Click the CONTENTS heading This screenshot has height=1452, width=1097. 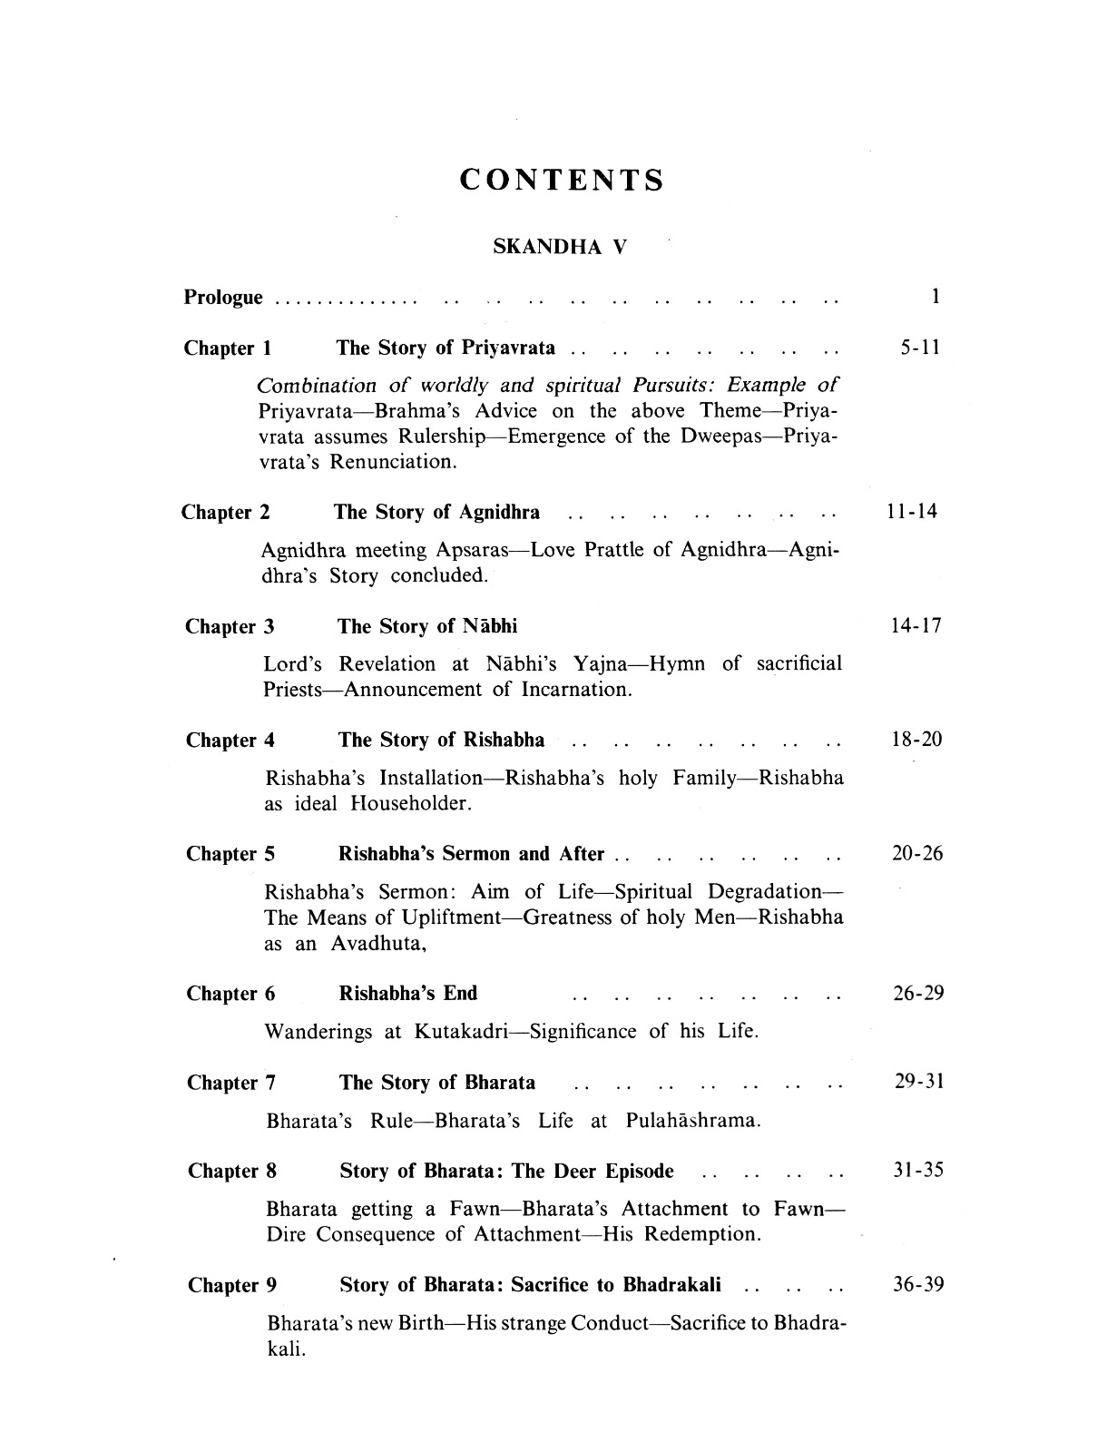(562, 180)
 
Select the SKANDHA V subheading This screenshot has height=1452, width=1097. (559, 247)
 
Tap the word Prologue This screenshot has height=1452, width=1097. (223, 298)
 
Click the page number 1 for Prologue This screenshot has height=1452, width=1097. (935, 297)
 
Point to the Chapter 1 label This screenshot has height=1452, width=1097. (227, 348)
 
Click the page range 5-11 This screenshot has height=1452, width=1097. (919, 348)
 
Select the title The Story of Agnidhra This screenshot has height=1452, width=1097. (436, 513)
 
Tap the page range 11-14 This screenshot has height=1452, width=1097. (912, 513)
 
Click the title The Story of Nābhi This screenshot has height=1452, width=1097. (427, 626)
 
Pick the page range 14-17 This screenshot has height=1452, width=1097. (916, 626)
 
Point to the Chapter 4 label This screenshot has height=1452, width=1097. (230, 741)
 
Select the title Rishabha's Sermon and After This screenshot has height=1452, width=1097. (471, 855)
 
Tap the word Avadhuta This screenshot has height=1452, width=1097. (377, 944)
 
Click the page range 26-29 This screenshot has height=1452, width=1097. (918, 994)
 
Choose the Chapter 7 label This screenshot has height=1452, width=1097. (231, 1083)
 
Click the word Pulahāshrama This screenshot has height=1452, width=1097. (692, 1121)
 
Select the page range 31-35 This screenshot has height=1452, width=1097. (918, 1171)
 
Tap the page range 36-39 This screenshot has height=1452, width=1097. (918, 1285)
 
